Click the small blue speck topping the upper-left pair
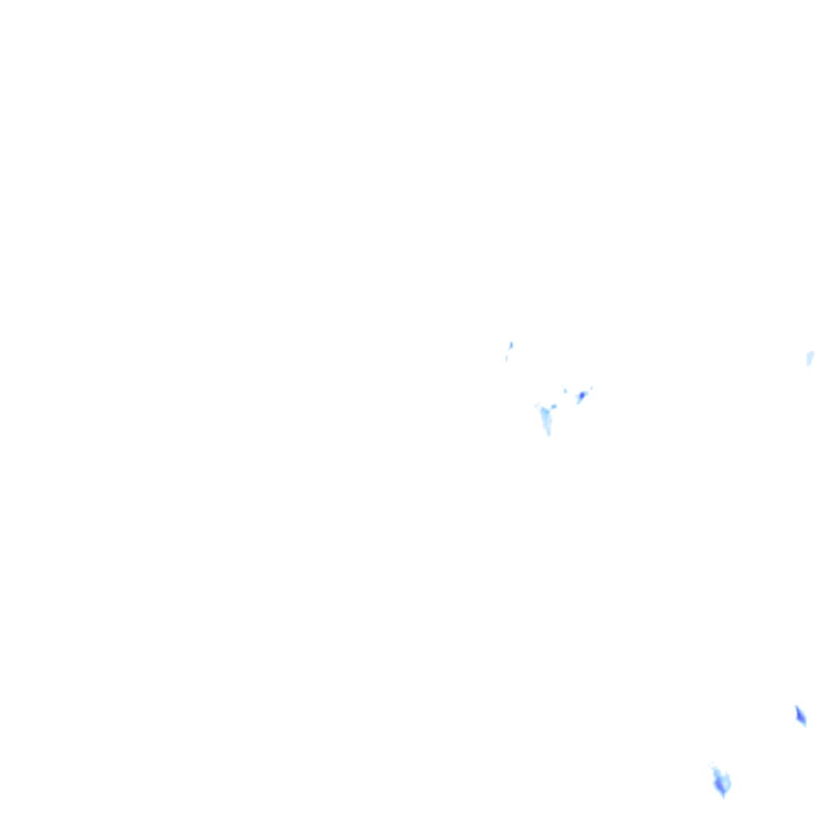tap(510, 345)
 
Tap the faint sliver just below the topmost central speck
tap(506, 357)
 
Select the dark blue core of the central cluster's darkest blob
tap(582, 396)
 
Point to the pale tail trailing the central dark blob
tap(578, 401)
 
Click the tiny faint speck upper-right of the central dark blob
tap(591, 388)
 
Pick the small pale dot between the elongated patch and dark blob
tap(565, 391)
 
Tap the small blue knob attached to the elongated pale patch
tap(554, 405)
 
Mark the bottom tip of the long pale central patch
tap(548, 433)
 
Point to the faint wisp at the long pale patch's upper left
tap(537, 405)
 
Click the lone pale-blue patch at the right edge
tap(809, 357)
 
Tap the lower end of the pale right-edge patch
tap(808, 363)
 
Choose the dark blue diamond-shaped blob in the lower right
tap(800, 716)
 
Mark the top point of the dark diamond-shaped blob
tap(796, 707)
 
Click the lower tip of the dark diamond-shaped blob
tap(804, 725)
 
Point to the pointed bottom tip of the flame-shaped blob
tap(722, 796)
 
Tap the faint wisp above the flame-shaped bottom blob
tap(714, 768)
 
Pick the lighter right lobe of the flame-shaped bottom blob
tap(726, 782)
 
